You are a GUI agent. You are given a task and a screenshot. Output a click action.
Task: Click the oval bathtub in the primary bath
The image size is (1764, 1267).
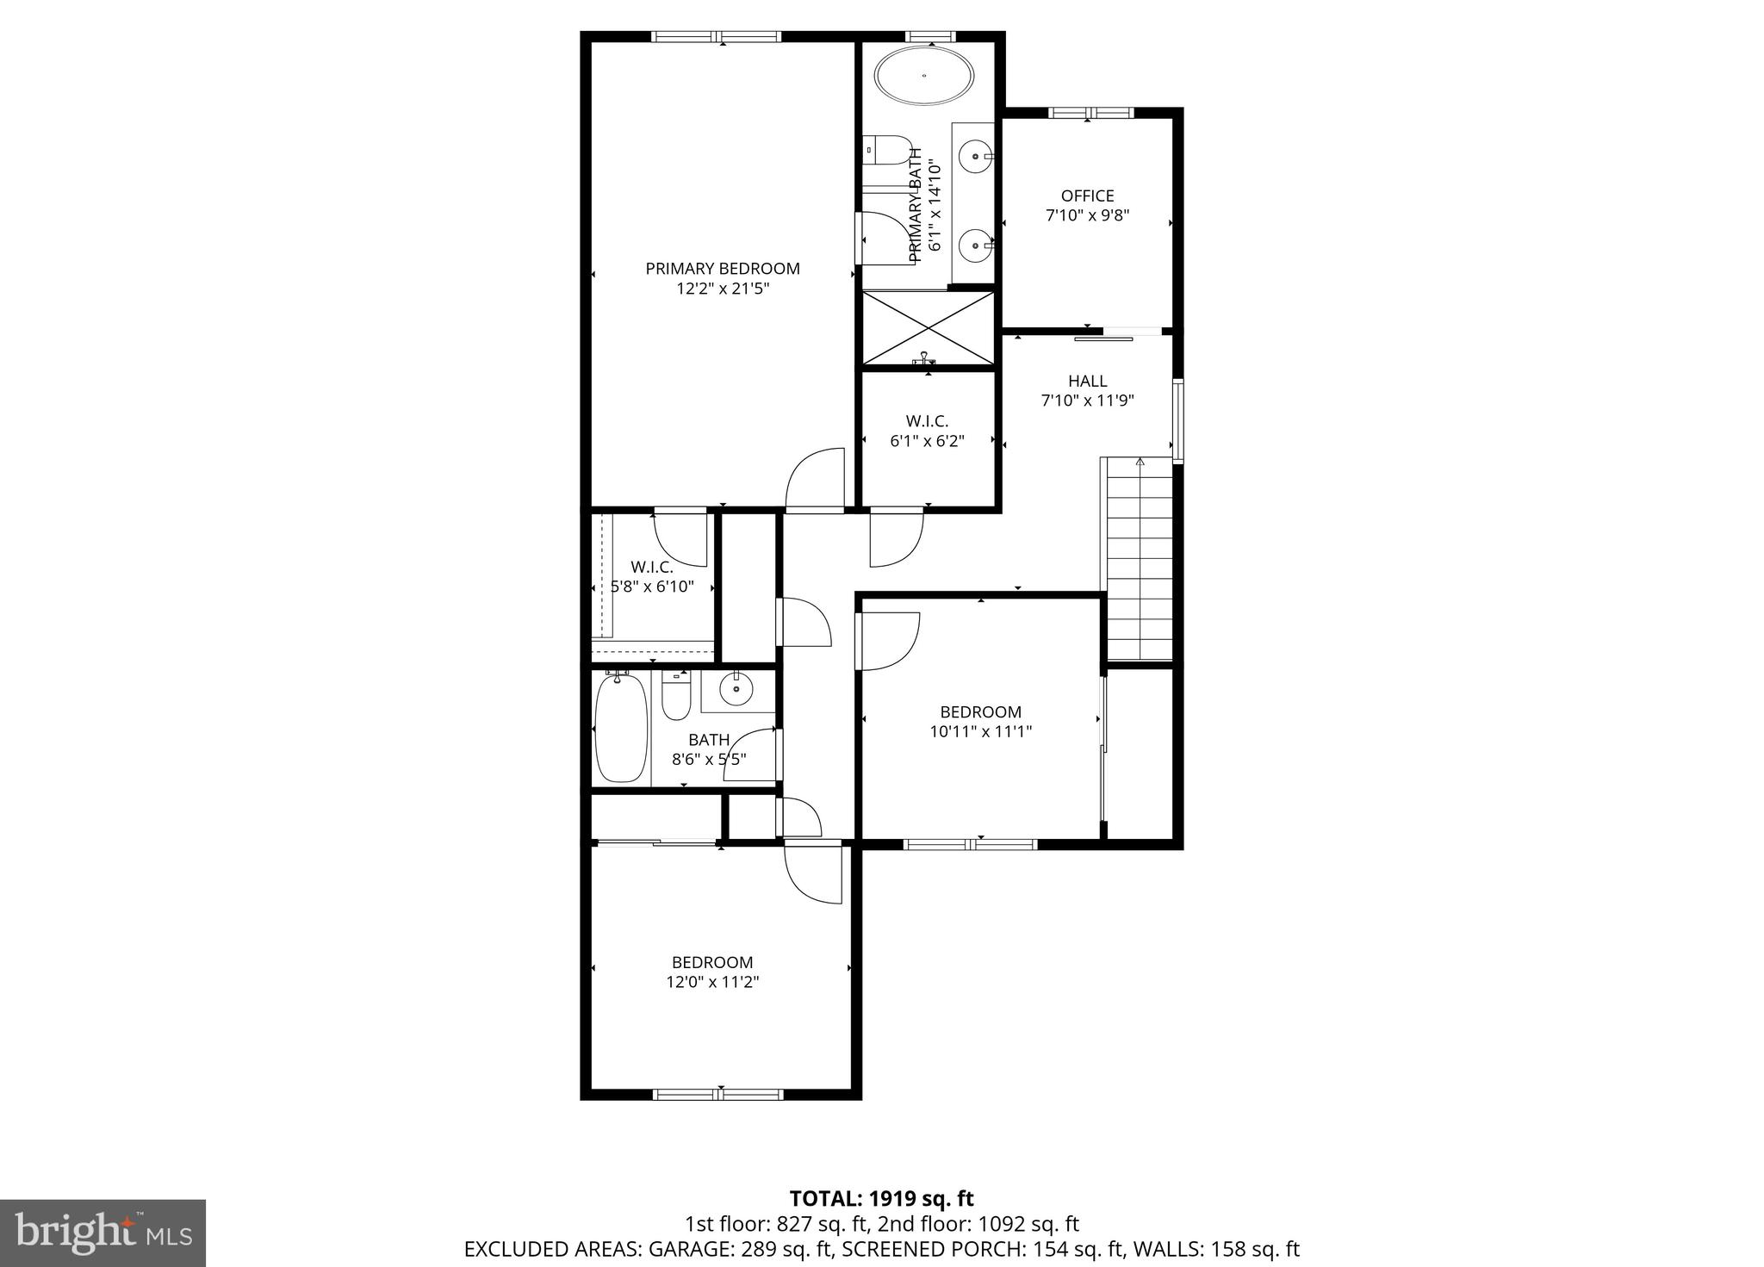tap(924, 76)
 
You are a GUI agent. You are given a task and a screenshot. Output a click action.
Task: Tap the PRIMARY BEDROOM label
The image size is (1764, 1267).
tap(723, 269)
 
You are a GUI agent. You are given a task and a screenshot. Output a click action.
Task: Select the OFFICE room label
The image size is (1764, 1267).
tap(1087, 196)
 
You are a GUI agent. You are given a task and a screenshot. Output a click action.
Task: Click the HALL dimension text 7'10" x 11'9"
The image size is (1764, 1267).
tap(1087, 401)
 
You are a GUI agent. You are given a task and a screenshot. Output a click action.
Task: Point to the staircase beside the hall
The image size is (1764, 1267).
tap(1140, 560)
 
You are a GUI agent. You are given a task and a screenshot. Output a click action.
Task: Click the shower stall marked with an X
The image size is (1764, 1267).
tap(928, 328)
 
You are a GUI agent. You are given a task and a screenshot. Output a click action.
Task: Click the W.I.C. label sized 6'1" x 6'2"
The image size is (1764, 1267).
tap(927, 431)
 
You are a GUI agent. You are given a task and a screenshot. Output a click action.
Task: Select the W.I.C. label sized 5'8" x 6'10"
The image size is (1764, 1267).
tap(652, 577)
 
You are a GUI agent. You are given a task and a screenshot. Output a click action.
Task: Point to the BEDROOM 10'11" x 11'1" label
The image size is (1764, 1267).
tap(980, 722)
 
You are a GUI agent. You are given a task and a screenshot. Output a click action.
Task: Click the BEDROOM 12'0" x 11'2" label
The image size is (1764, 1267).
tap(712, 972)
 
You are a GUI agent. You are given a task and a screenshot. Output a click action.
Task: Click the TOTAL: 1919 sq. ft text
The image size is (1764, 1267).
tap(881, 1198)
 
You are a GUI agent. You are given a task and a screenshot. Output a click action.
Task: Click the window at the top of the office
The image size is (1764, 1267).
tap(1090, 112)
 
